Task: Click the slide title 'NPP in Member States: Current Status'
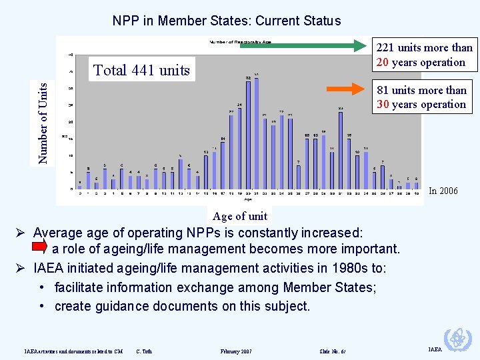(x=227, y=21)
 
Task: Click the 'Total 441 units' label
(x=141, y=70)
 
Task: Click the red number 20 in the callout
(x=383, y=63)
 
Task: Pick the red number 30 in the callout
(x=383, y=105)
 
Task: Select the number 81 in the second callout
(x=383, y=90)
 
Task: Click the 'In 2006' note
(x=443, y=191)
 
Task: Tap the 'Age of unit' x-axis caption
(x=239, y=216)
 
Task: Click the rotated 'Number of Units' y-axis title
(x=43, y=123)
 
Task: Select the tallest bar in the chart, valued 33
(x=257, y=133)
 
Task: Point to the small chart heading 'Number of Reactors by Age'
(x=241, y=43)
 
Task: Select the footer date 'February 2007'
(x=236, y=351)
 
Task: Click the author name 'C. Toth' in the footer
(x=143, y=351)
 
